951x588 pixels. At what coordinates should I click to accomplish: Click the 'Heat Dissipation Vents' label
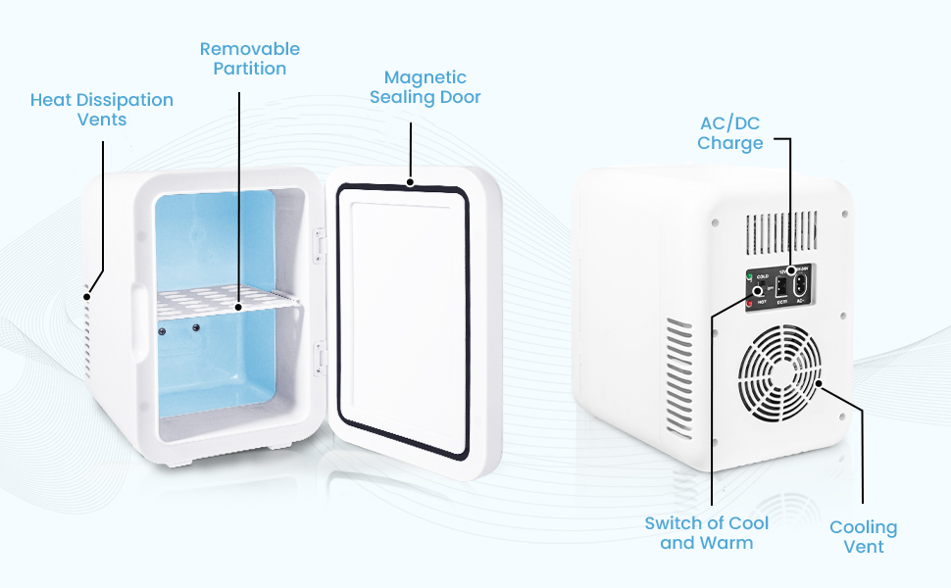pos(101,109)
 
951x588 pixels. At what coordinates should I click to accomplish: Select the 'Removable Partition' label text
pos(249,59)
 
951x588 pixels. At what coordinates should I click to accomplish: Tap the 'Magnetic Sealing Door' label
pos(425,87)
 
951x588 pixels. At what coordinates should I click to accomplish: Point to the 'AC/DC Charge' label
pos(729,133)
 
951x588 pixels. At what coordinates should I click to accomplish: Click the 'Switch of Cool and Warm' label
pos(706,532)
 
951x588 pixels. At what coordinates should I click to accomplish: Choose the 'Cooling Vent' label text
pos(863,537)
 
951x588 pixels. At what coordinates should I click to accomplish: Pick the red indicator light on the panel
pos(749,304)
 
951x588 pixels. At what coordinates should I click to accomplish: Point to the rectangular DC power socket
pos(781,288)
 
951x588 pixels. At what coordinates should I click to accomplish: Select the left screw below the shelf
pos(162,330)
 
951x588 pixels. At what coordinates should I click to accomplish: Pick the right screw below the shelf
pos(195,326)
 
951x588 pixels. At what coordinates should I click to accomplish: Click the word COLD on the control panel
pos(762,277)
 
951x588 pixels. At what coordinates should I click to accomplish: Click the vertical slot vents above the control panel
pos(779,233)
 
